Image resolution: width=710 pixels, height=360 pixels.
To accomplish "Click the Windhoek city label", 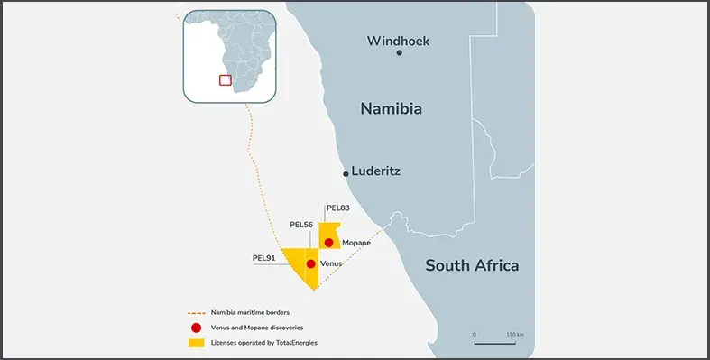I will (x=399, y=41).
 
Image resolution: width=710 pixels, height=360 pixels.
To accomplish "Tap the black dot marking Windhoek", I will (x=400, y=53).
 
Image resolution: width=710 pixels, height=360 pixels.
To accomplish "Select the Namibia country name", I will (x=392, y=109).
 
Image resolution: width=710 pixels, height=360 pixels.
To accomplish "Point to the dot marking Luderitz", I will (x=346, y=173).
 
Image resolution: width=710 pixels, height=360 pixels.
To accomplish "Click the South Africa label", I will (x=472, y=265).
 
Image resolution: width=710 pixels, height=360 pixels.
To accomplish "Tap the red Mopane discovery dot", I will (x=329, y=243).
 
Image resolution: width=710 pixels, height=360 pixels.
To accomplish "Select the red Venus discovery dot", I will (x=311, y=263).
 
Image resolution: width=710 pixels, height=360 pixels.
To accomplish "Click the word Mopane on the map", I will (x=356, y=243).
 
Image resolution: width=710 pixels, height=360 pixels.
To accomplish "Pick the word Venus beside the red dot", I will (x=331, y=263).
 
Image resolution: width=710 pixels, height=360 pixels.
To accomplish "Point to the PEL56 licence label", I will (x=301, y=224).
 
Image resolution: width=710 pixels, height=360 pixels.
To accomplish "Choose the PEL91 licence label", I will (x=264, y=258).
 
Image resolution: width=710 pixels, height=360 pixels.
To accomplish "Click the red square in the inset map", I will (x=225, y=79).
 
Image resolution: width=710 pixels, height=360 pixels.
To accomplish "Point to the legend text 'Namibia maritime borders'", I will (x=250, y=312).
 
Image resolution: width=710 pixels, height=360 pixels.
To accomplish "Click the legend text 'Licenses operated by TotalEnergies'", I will (x=263, y=343).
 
